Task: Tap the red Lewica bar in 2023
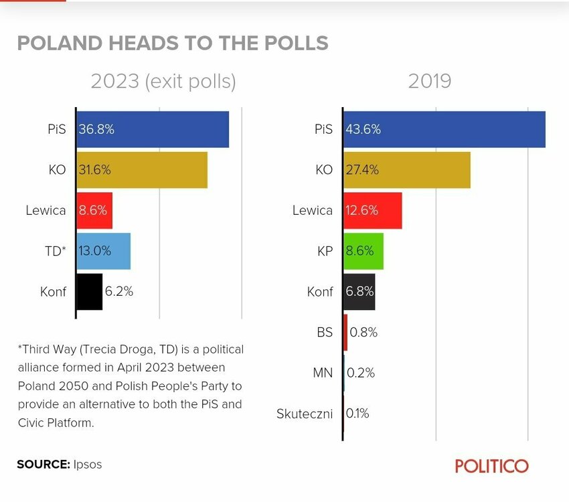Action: [x=94, y=210]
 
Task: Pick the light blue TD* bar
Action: [x=104, y=250]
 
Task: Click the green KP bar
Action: [x=363, y=251]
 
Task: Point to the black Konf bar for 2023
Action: [x=89, y=291]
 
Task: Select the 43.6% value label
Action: [x=363, y=130]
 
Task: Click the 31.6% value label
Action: [x=95, y=170]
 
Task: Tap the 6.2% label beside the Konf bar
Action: [x=119, y=291]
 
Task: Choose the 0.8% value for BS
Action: [x=363, y=332]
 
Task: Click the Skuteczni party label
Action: [x=305, y=414]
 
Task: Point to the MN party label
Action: [x=323, y=373]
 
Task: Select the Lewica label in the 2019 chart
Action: [x=312, y=210]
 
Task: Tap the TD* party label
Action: [x=55, y=250]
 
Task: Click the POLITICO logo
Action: [x=492, y=466]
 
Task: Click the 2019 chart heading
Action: [x=430, y=81]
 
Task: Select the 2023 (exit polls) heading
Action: [x=163, y=81]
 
